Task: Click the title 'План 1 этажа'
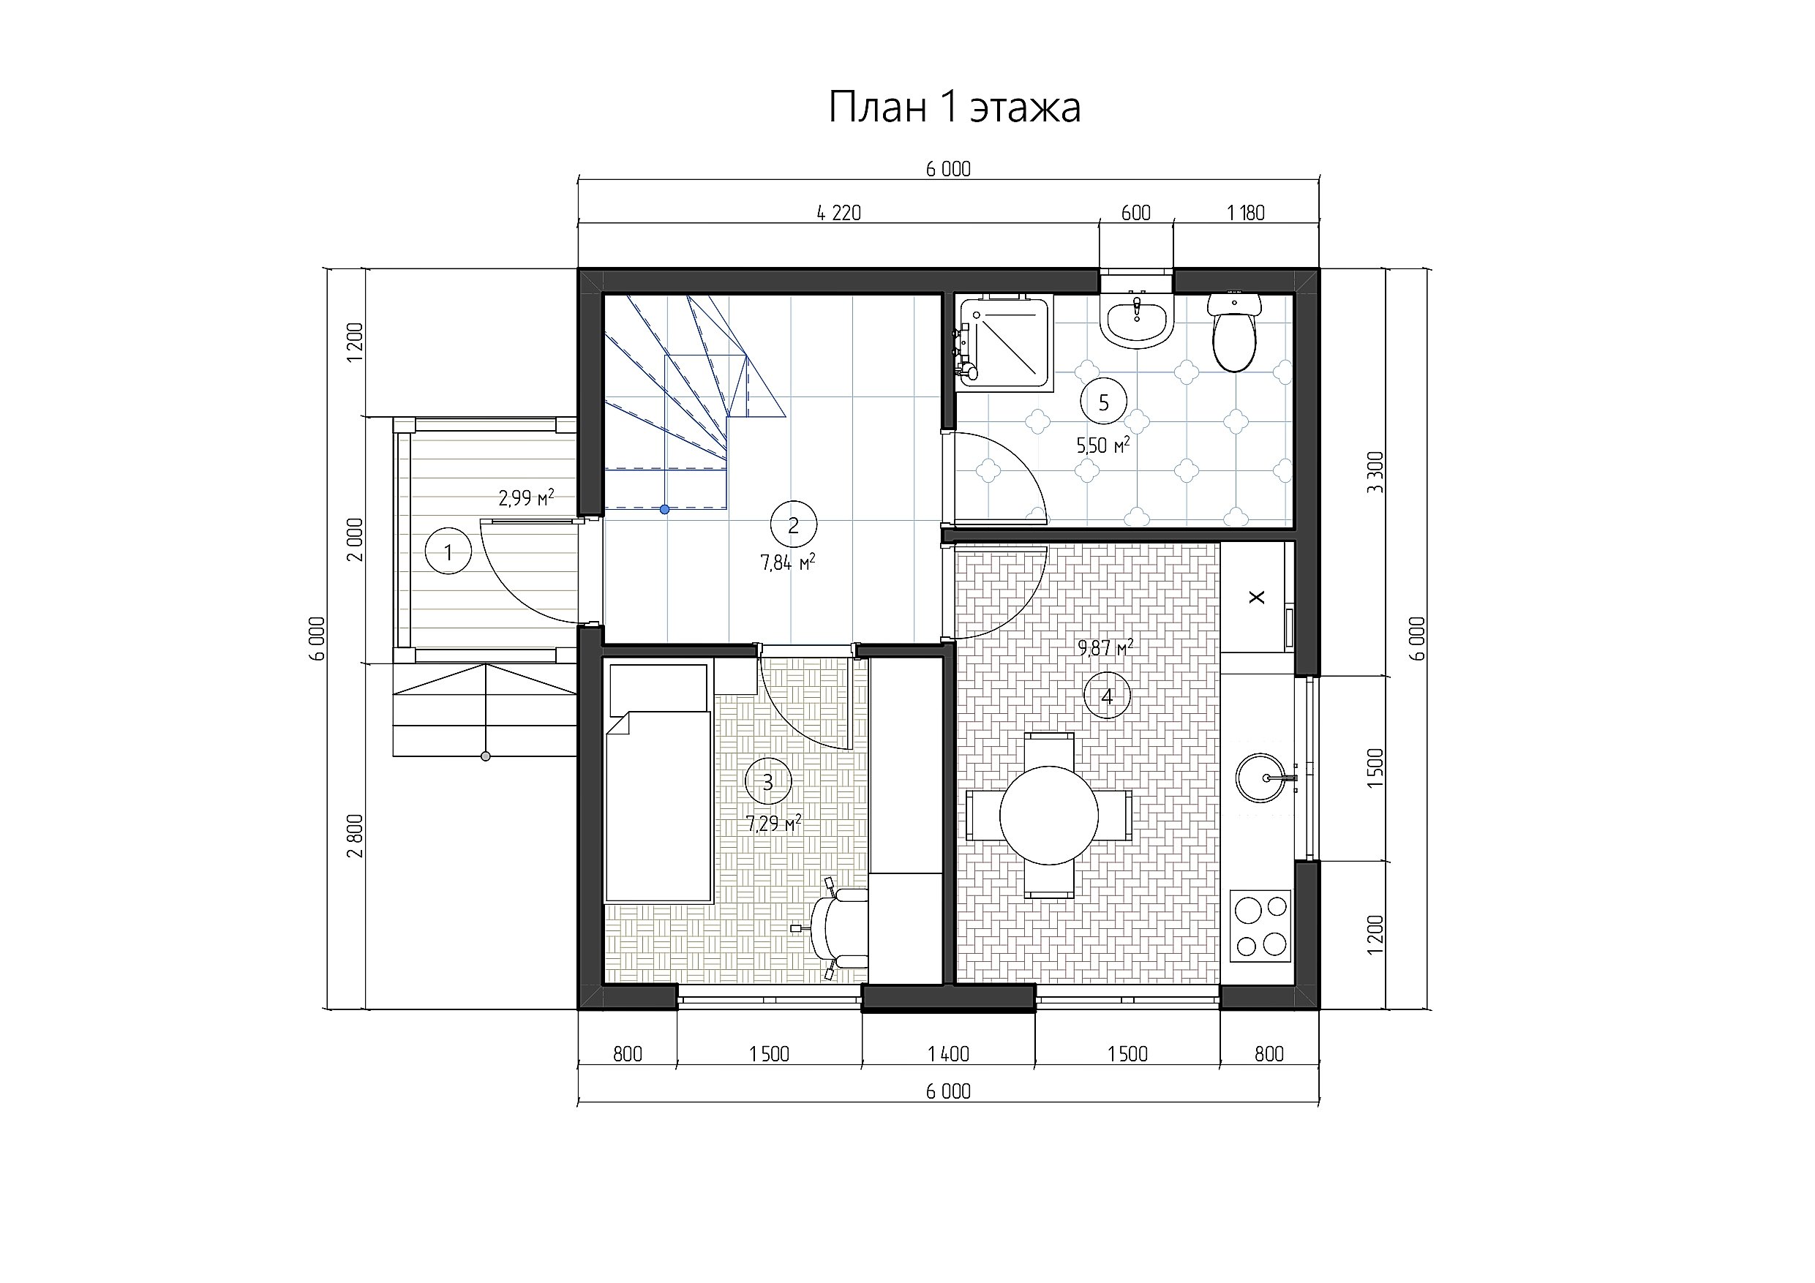pos(954,107)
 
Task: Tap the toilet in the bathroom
pos(1234,332)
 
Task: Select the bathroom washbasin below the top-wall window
pos(1137,320)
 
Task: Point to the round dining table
pos(1049,816)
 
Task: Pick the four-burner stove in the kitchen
pos(1261,926)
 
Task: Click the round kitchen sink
pos(1262,778)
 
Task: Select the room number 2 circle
pos(794,524)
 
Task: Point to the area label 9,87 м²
pos(1106,648)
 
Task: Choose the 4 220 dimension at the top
pos(838,213)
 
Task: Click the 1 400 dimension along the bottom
pos(948,1054)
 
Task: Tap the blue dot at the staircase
pos(665,510)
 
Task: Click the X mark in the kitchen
pos(1257,598)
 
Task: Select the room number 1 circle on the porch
pos(448,552)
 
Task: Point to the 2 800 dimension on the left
pos(355,835)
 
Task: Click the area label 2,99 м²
pos(527,498)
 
